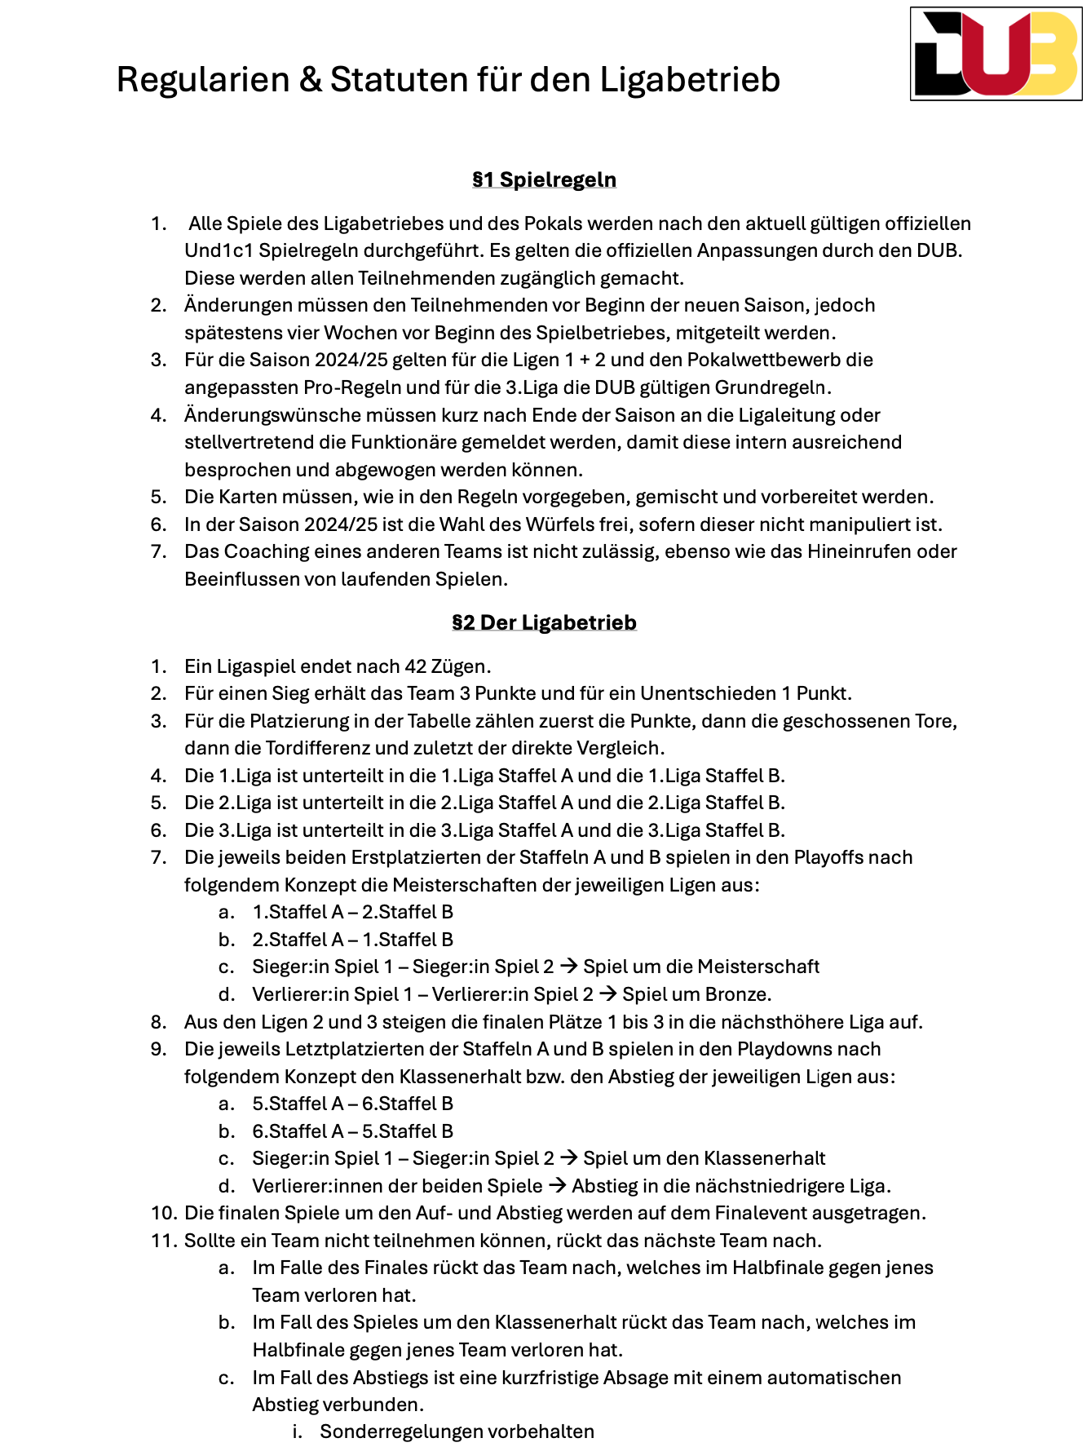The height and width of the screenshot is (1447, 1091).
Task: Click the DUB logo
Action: click(996, 55)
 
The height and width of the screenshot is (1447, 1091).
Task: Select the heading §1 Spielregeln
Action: click(544, 179)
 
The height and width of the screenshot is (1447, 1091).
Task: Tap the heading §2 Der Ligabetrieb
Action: click(544, 622)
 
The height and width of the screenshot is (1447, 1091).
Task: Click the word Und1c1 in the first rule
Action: click(218, 250)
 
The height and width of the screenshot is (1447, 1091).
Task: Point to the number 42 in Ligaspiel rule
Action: click(416, 666)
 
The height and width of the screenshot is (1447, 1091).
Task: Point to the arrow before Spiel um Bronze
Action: click(607, 994)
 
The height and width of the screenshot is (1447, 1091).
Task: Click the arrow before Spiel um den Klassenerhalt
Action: click(568, 1158)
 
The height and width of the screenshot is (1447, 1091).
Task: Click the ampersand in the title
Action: click(310, 80)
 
